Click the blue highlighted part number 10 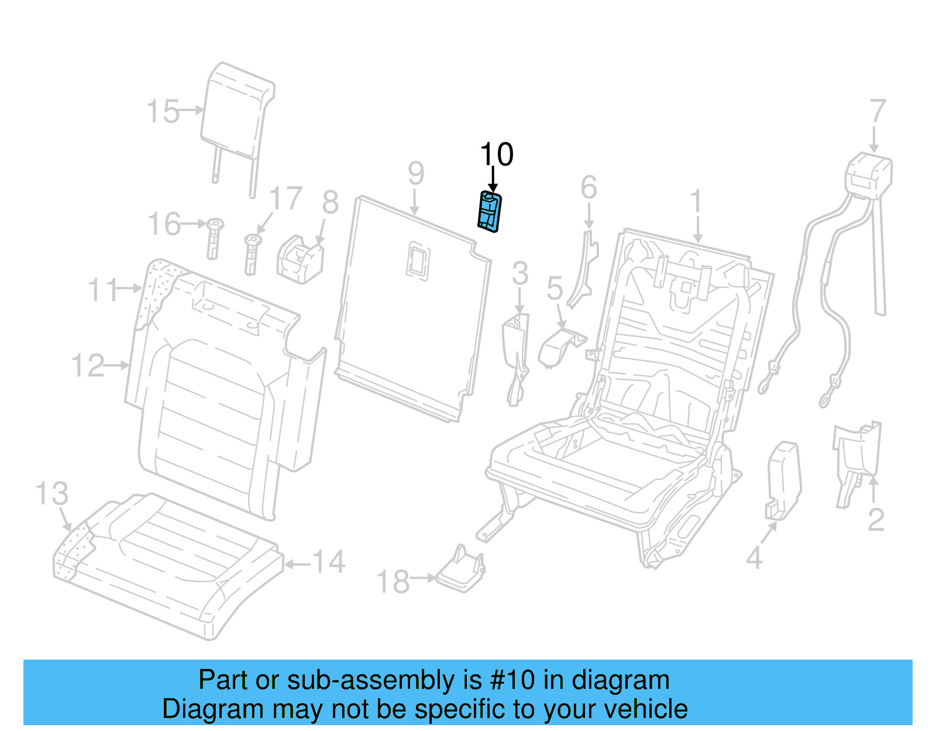pyautogui.click(x=490, y=211)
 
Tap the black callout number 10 pyautogui.click(x=496, y=155)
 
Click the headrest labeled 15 pyautogui.click(x=236, y=111)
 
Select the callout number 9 pyautogui.click(x=415, y=173)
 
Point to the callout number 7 pyautogui.click(x=877, y=111)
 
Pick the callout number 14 pyautogui.click(x=329, y=562)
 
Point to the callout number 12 pyautogui.click(x=88, y=366)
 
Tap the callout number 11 pyautogui.click(x=103, y=290)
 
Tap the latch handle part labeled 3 pyautogui.click(x=515, y=351)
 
